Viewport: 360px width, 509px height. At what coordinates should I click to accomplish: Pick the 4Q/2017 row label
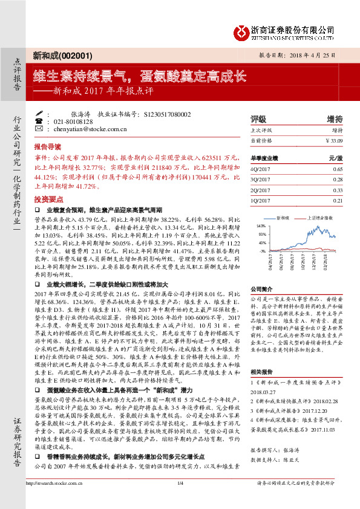[x=260, y=170]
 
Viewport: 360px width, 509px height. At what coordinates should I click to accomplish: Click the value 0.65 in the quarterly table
[x=337, y=170]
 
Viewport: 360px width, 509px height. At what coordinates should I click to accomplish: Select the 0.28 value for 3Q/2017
[x=337, y=180]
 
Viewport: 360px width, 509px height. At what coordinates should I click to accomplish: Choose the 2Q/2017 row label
[x=260, y=190]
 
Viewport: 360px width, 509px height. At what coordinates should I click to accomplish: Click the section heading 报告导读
[x=47, y=147]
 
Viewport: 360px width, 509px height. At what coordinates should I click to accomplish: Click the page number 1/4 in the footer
[x=180, y=500]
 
